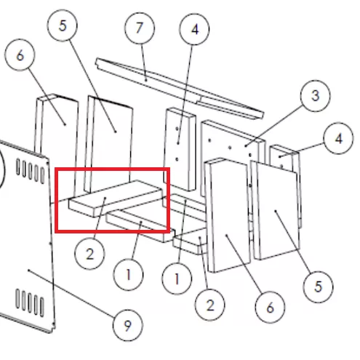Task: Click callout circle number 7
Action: [140, 28]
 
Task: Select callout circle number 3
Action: [315, 96]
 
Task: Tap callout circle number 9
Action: [128, 325]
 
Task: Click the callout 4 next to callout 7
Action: [194, 29]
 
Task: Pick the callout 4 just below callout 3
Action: [338, 138]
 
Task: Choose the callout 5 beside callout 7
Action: [63, 25]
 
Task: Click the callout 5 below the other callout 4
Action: [318, 287]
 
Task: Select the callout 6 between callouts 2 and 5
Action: [270, 308]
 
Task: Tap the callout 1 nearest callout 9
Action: [128, 275]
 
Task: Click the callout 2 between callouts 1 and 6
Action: [210, 305]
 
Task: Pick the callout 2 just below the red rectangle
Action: [89, 254]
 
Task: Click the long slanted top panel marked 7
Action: [180, 88]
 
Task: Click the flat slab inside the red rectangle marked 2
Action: [116, 198]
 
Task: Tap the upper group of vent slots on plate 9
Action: [31, 170]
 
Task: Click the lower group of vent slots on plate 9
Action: [30, 303]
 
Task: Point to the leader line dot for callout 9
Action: [28, 270]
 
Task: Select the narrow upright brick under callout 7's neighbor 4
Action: [180, 149]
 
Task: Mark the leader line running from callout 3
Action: [274, 126]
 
